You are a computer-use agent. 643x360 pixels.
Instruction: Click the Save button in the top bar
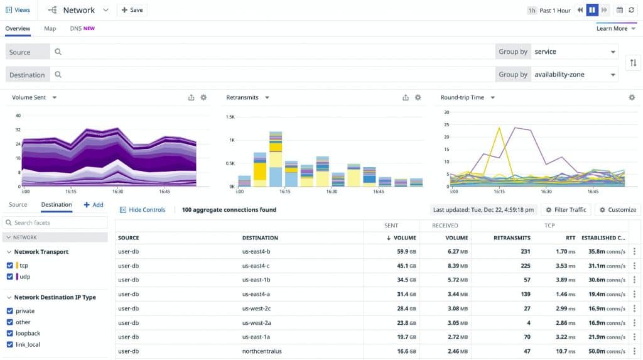coord(132,10)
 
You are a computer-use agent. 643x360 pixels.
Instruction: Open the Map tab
coord(50,28)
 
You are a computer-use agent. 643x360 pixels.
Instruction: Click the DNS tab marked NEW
coord(82,28)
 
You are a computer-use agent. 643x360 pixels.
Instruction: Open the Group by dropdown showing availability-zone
coord(574,74)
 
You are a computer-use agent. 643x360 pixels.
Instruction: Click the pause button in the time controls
coord(592,10)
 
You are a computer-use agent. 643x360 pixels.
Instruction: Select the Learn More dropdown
coord(615,28)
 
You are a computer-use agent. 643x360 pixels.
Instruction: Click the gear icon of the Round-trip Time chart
coord(632,97)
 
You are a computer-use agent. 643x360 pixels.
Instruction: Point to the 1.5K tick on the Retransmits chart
coord(230,117)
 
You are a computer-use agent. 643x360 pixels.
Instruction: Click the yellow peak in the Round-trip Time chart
coord(500,128)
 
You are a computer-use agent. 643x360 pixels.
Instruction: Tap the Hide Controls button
coord(143,210)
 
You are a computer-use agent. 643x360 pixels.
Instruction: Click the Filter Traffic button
coord(565,210)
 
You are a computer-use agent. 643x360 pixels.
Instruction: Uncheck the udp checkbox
coord(9,276)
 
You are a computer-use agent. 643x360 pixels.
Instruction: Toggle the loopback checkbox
coord(9,333)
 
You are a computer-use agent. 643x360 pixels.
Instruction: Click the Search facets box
coord(55,222)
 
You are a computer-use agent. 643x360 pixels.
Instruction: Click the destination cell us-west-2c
coord(257,308)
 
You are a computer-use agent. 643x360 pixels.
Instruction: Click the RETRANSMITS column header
coord(512,238)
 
